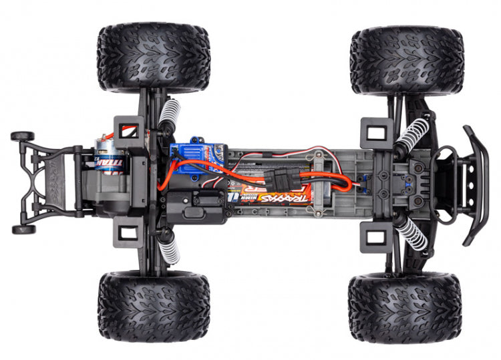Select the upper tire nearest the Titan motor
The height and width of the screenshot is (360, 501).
pos(154,58)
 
